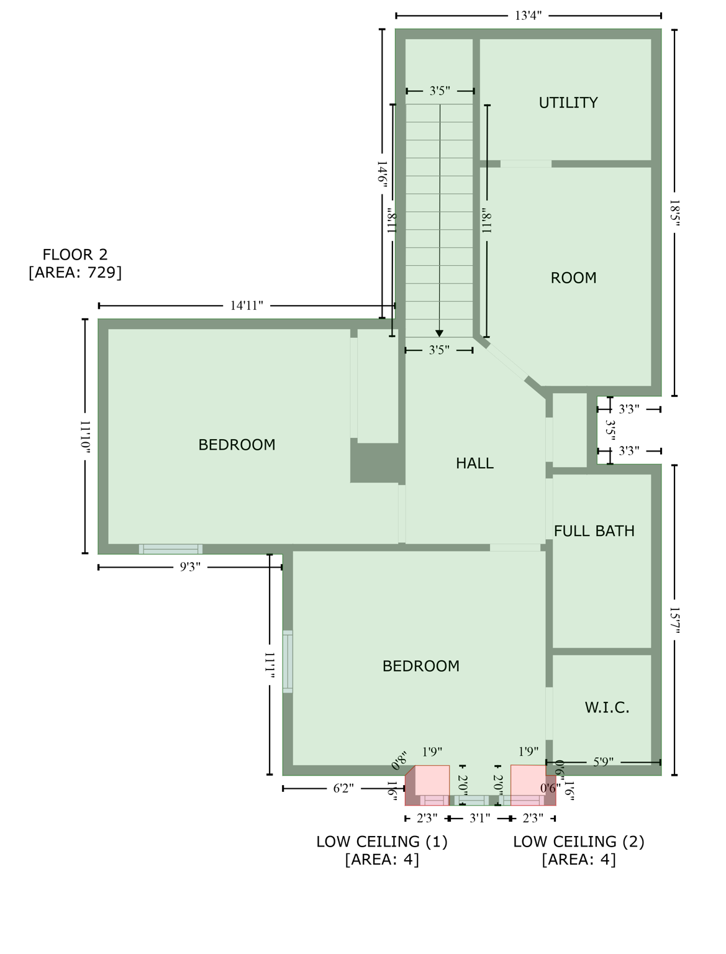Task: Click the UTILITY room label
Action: [x=568, y=102]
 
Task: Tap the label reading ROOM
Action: [x=573, y=278]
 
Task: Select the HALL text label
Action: [x=474, y=463]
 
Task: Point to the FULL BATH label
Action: [x=594, y=531]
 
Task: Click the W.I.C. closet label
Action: [x=607, y=707]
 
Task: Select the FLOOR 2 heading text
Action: [x=75, y=254]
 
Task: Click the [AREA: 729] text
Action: [x=75, y=272]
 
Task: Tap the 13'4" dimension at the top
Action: [x=528, y=16]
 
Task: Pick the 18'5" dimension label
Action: [x=674, y=213]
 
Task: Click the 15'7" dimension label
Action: [x=674, y=620]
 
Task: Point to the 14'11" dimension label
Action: [x=247, y=306]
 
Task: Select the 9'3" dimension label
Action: [x=190, y=567]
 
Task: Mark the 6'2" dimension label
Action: [x=343, y=788]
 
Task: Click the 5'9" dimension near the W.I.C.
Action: [x=603, y=762]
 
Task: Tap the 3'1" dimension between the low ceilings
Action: [x=479, y=819]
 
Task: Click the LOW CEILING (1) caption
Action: [x=382, y=842]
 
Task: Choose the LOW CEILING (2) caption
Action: [x=578, y=842]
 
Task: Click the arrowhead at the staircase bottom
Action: [x=440, y=334]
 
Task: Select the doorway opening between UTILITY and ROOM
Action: [x=525, y=164]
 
